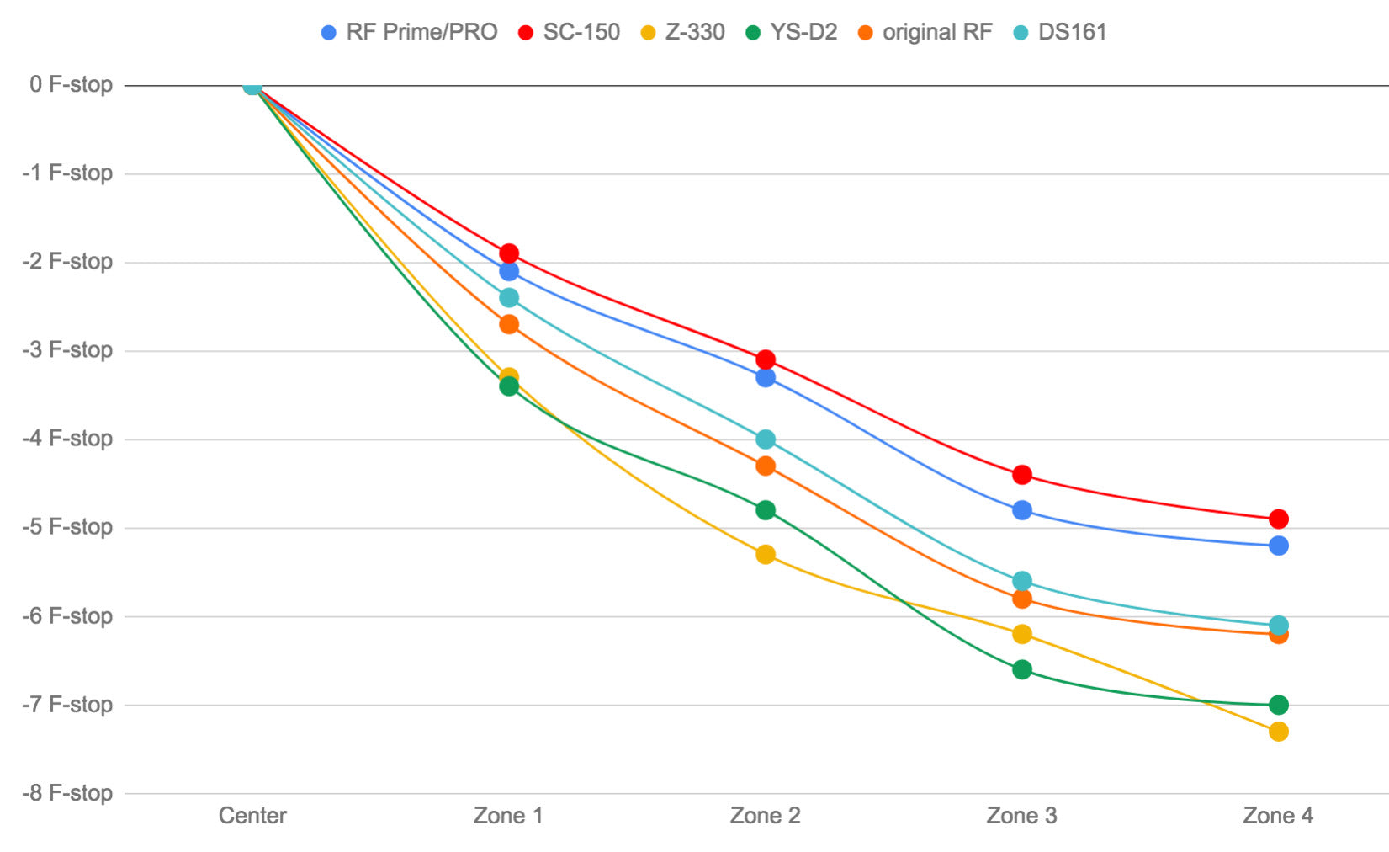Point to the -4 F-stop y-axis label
pos(67,439)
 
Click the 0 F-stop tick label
pos(71,84)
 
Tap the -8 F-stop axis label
pos(67,793)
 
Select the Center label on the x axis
pos(252,816)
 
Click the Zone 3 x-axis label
pos(1021,816)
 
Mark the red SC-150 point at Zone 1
pos(509,253)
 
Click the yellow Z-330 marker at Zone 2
pos(766,555)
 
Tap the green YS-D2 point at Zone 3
pos(1022,670)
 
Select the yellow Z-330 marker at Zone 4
pos(1279,732)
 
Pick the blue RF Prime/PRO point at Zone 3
pos(1022,510)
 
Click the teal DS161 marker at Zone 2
pos(766,439)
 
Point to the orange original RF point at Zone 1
pos(509,324)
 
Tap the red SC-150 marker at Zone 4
pos(1279,519)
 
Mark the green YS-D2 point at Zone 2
pos(766,510)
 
